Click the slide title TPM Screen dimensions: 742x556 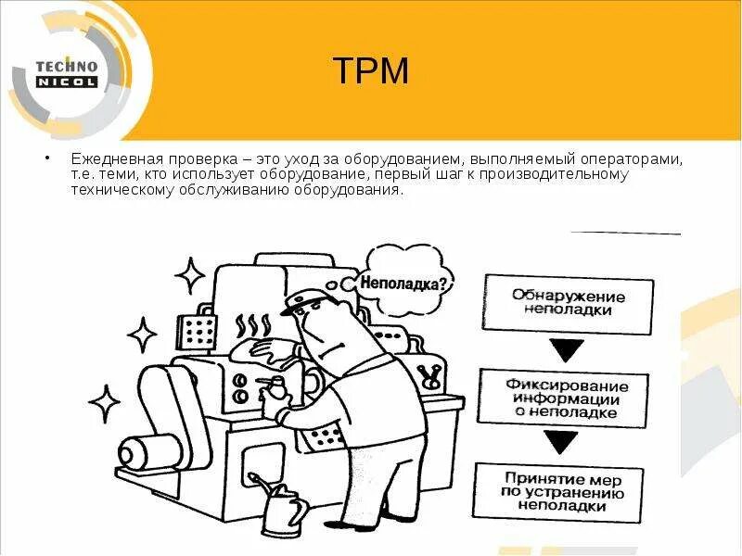[370, 71]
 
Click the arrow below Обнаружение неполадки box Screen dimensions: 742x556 [567, 349]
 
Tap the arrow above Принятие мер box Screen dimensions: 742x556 [566, 444]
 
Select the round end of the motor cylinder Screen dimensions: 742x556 [135, 455]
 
